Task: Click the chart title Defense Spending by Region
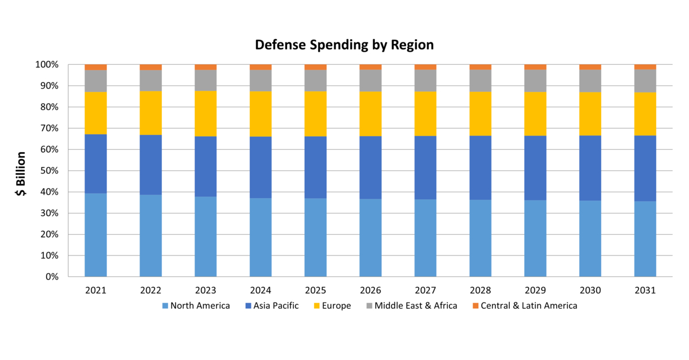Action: (x=344, y=45)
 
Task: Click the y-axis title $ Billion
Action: (x=21, y=175)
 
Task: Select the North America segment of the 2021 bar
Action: (x=95, y=235)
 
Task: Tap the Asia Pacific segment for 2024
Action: (x=260, y=167)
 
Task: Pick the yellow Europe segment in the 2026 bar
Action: (x=370, y=114)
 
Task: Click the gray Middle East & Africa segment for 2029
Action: (x=535, y=81)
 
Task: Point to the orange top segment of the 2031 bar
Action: (x=645, y=67)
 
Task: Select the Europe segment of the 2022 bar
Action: (x=150, y=113)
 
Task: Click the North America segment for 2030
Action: (x=590, y=238)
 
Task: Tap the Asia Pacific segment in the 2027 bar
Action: (x=425, y=168)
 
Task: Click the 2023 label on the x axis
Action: (x=206, y=291)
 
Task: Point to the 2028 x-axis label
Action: (x=480, y=291)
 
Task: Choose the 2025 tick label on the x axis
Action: (x=315, y=291)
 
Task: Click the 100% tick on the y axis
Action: (x=47, y=65)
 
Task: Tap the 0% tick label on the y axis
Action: (x=52, y=277)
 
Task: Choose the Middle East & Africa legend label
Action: (x=416, y=305)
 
